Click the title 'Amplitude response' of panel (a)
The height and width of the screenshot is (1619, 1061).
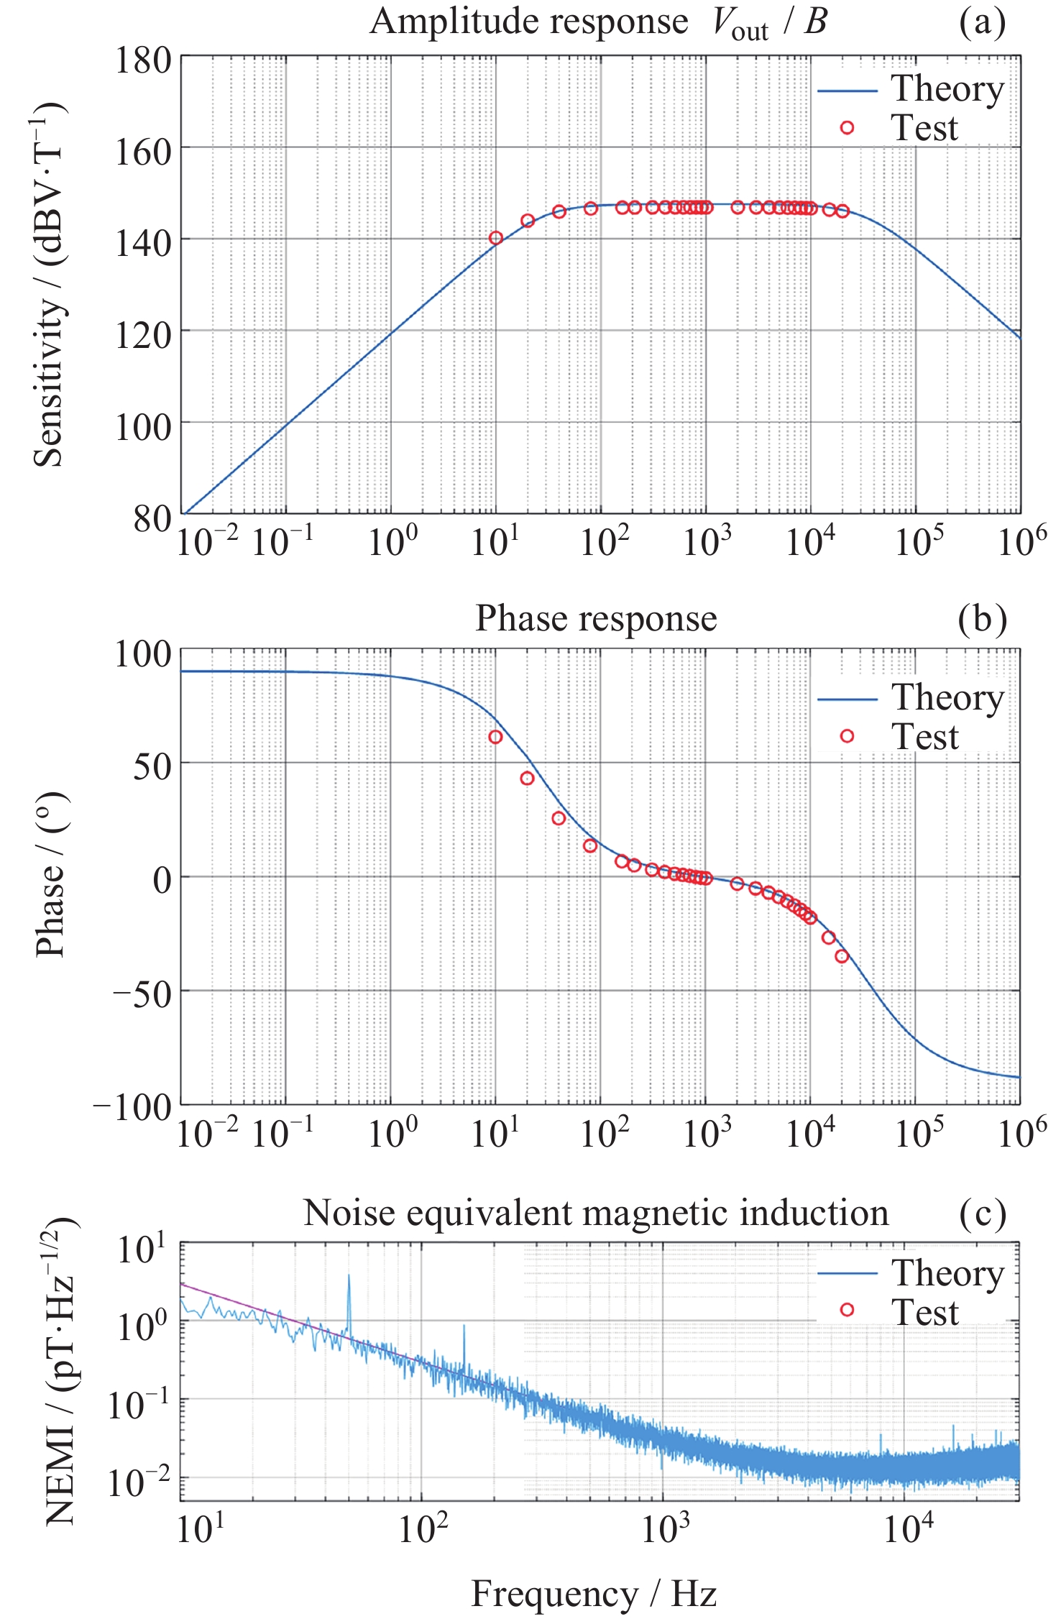point(528,22)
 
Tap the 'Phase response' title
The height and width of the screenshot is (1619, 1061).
point(596,619)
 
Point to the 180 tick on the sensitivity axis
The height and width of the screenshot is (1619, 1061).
point(143,60)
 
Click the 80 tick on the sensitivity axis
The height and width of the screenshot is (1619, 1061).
point(152,518)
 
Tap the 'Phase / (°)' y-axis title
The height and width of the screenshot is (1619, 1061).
point(50,874)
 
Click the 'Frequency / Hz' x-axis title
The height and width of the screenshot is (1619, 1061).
point(594,1593)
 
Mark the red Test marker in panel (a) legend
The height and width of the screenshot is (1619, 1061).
point(847,128)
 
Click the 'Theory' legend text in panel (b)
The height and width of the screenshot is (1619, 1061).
point(947,697)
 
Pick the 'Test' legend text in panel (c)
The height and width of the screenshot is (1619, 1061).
point(925,1312)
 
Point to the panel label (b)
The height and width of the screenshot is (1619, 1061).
point(982,619)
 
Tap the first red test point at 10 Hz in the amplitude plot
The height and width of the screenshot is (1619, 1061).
point(495,238)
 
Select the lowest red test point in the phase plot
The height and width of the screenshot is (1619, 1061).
point(842,956)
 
